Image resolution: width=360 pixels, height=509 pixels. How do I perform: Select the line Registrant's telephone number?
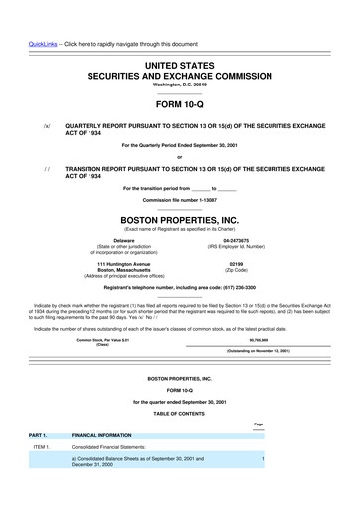179,287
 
